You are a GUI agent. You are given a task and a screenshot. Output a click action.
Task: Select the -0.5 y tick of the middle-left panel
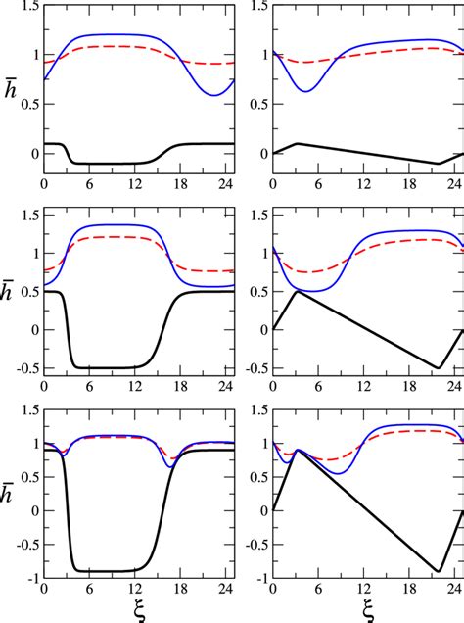coord(24,368)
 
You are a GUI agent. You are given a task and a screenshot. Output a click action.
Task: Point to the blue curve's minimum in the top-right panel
coord(305,91)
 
